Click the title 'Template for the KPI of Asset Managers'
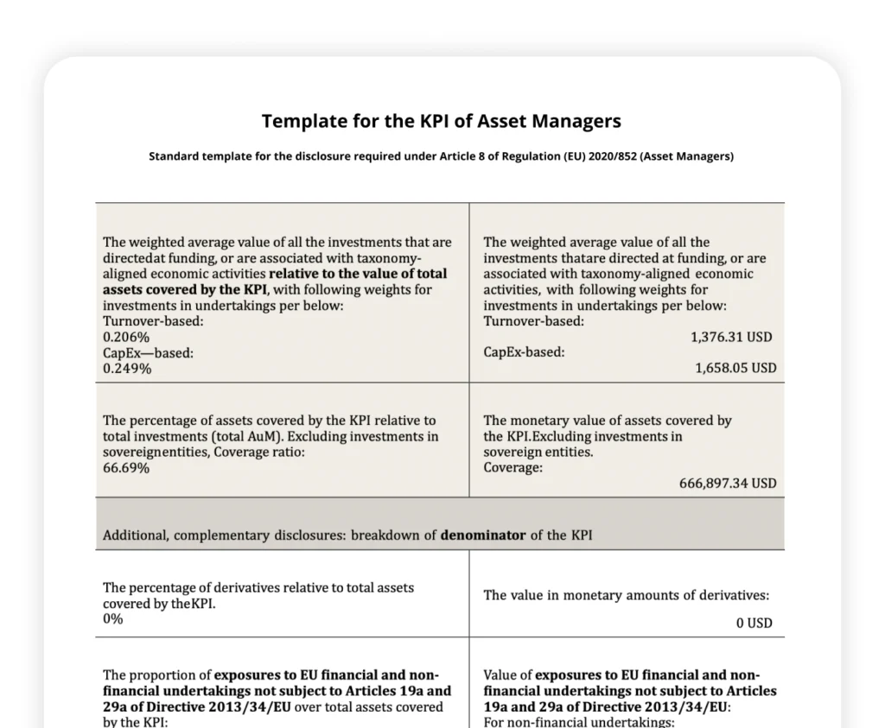click(x=441, y=121)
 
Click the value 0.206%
click(x=126, y=337)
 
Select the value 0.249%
click(x=126, y=369)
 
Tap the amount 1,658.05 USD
click(x=735, y=368)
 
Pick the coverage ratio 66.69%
click(x=126, y=468)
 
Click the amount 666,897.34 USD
click(x=728, y=484)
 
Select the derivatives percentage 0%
click(x=113, y=619)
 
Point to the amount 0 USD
click(x=754, y=623)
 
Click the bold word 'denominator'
click(x=482, y=535)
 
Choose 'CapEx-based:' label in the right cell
click(x=524, y=352)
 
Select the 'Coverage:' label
click(x=513, y=468)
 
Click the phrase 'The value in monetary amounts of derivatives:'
click(x=626, y=595)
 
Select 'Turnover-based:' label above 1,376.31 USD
click(x=533, y=321)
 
